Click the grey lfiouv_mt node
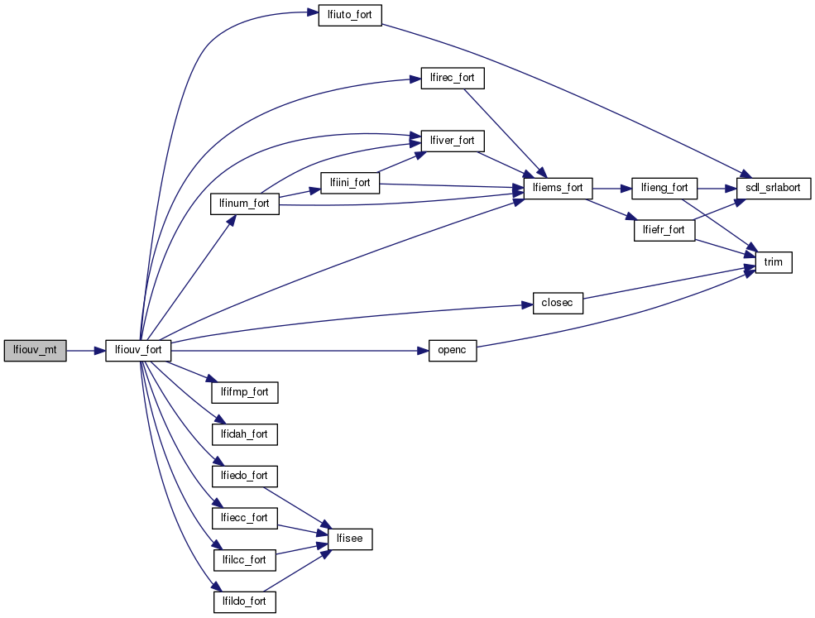coord(35,351)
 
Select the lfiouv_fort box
coord(138,351)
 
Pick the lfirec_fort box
coord(452,78)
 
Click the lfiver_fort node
coord(452,141)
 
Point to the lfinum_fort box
coord(244,203)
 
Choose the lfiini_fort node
coord(349,183)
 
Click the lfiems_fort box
coord(558,188)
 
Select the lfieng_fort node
coord(664,188)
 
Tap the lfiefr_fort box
coord(664,229)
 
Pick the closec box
coord(558,303)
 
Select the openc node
coord(453,351)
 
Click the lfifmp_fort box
coord(244,392)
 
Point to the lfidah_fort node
coord(244,434)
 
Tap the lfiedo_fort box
coord(244,476)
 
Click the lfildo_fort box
coord(244,601)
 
